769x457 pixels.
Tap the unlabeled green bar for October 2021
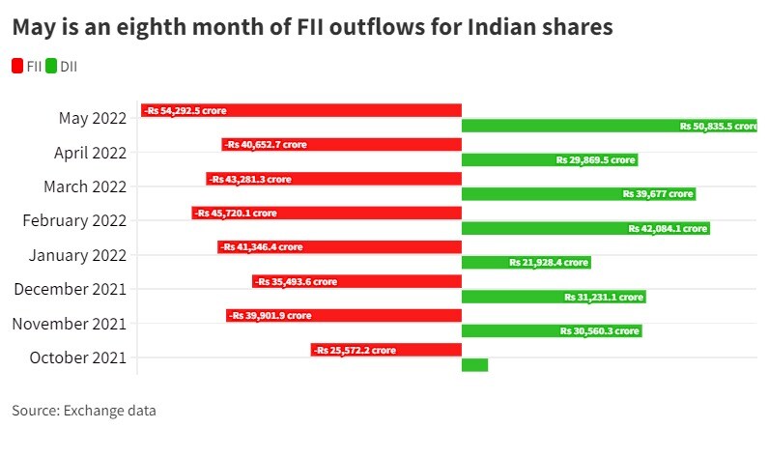474,364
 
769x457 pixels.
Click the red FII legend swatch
18,66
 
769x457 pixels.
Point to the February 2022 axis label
74,221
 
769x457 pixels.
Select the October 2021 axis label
78,357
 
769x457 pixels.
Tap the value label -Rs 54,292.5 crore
185,111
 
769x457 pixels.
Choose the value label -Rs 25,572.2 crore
354,350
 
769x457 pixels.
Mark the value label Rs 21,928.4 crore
549,263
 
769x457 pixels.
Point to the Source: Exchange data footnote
84,411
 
